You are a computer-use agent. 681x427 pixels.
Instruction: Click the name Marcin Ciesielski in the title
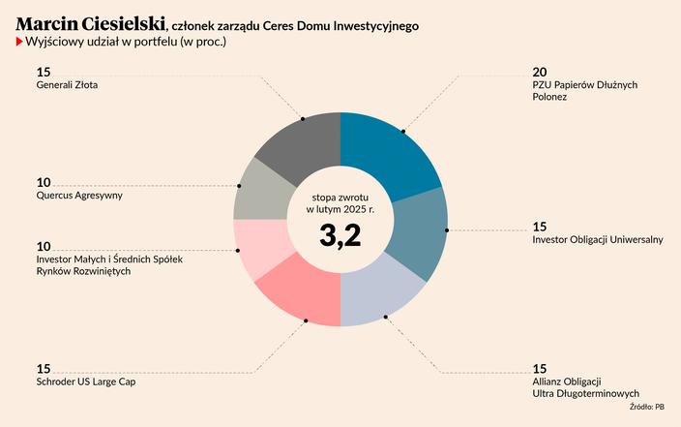91,24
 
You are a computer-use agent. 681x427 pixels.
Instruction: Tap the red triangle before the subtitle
20,43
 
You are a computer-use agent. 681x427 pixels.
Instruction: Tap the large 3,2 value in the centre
340,235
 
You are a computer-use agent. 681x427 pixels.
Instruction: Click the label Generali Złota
67,85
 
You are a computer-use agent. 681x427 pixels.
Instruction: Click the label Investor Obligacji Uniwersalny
598,240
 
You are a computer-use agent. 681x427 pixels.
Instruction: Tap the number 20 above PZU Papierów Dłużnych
541,72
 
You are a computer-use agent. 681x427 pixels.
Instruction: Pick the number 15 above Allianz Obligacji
540,368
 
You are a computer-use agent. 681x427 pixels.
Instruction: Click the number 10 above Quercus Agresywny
44,182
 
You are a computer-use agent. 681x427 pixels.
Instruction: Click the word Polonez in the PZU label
549,98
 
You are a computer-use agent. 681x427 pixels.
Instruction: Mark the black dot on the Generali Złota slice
303,119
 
